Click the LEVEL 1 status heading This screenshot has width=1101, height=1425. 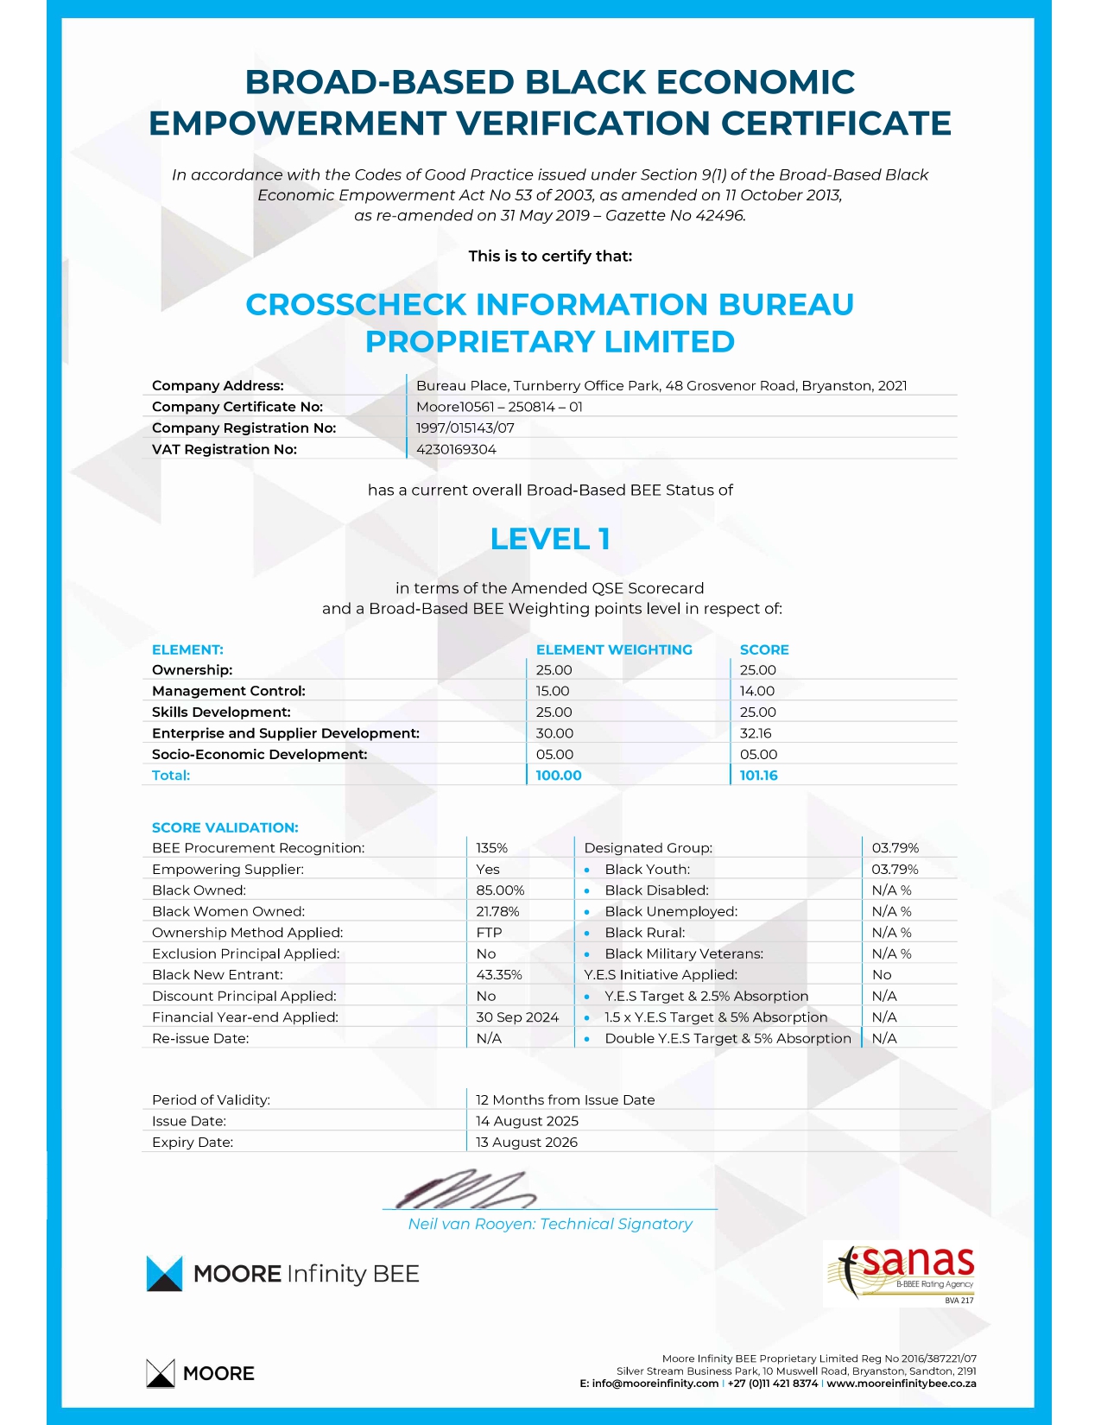(550, 539)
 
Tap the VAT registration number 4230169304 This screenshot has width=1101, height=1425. (456, 449)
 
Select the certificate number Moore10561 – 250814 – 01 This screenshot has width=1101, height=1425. (499, 407)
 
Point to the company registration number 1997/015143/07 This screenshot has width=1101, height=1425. (465, 428)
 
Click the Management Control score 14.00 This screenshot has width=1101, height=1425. (757, 691)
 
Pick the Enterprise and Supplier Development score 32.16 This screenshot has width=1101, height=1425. (756, 733)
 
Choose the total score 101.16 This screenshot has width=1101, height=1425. (758, 776)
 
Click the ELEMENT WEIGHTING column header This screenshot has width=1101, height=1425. (614, 649)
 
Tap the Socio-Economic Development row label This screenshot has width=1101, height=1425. (259, 755)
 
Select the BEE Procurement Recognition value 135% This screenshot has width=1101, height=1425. (491, 848)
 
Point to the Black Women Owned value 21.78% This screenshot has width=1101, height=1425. (497, 912)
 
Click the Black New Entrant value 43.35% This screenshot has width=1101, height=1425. (498, 975)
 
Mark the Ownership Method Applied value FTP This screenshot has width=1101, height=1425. (489, 933)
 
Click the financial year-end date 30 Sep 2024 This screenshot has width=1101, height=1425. (517, 1017)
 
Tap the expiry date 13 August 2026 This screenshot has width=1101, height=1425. (526, 1142)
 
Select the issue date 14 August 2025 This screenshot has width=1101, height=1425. (527, 1121)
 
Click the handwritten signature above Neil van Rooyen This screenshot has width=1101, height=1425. (466, 1190)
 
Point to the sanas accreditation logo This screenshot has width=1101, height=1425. (902, 1272)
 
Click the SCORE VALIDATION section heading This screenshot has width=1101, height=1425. (225, 827)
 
